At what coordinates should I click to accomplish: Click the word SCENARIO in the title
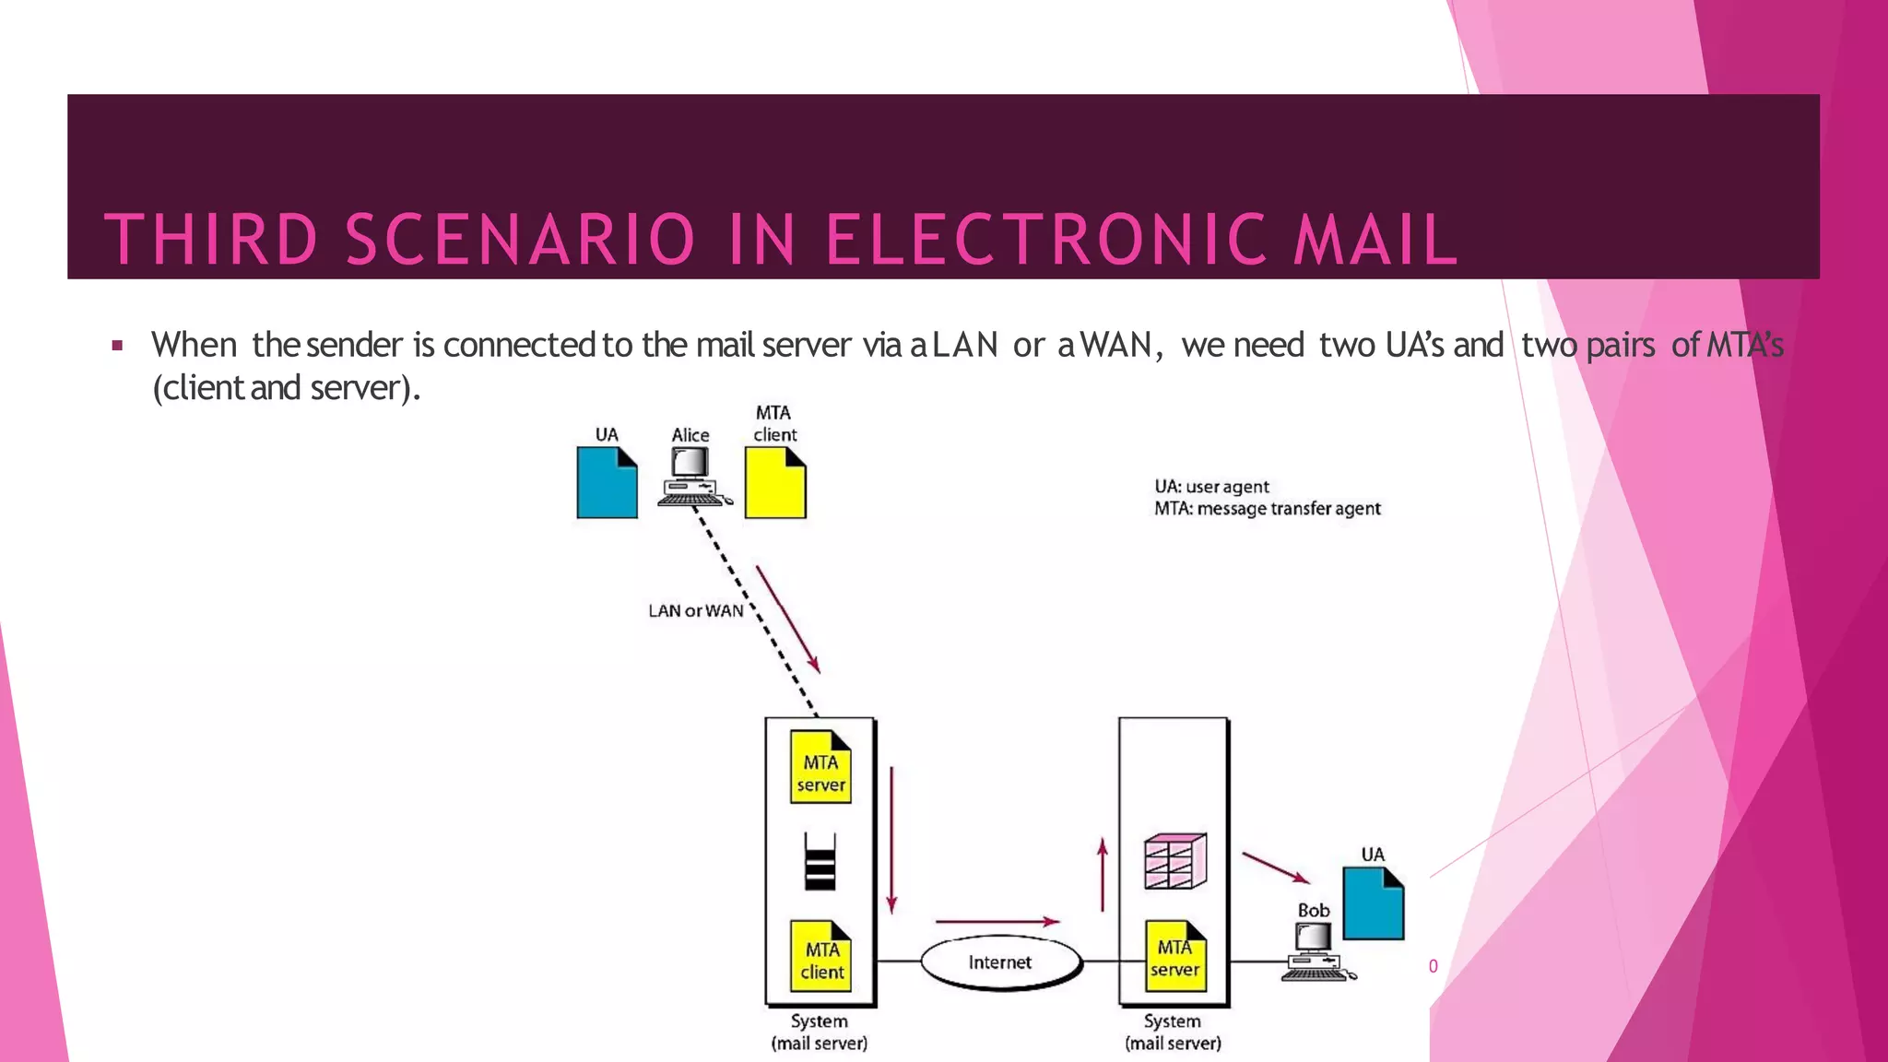click(519, 240)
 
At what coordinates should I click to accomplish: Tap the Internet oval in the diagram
click(1000, 962)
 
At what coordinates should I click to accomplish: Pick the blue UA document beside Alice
click(607, 482)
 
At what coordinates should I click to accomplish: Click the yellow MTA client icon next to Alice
click(774, 482)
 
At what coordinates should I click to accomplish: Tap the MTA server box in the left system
click(820, 768)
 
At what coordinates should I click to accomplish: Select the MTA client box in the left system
click(821, 956)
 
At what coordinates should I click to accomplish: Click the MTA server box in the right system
click(1175, 956)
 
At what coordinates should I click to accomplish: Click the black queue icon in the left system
click(820, 863)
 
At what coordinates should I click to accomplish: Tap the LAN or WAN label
click(695, 611)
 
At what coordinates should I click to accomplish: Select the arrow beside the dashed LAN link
click(787, 619)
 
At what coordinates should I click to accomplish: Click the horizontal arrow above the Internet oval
click(997, 921)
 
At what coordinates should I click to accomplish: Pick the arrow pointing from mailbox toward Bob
click(1275, 867)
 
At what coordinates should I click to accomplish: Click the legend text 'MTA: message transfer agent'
click(1267, 509)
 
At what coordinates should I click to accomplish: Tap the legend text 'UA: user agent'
click(1211, 487)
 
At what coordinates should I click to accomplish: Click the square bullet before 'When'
click(117, 347)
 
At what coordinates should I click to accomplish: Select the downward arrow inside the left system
click(891, 839)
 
